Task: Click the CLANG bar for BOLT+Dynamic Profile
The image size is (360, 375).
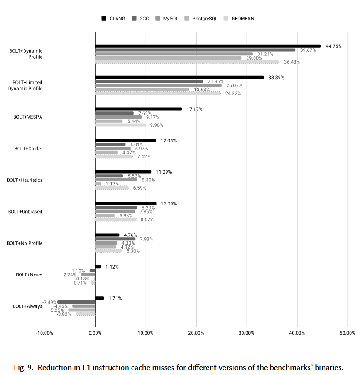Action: (208, 46)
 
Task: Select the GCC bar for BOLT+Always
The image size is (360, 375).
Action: (76, 302)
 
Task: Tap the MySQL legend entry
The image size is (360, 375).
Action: (167, 19)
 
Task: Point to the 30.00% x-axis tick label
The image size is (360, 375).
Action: (247, 333)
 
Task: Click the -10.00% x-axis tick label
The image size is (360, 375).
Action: (45, 333)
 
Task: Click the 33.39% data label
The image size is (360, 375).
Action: (276, 77)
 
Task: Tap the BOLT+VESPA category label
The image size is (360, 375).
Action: (29, 117)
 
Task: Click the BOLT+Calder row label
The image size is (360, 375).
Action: (29, 149)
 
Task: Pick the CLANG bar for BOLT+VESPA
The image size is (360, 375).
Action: (138, 109)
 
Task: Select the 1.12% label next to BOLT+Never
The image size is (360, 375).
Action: (112, 267)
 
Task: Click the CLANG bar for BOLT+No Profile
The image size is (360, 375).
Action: (107, 235)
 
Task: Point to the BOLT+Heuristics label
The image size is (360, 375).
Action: (25, 180)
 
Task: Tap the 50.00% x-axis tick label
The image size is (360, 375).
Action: (348, 333)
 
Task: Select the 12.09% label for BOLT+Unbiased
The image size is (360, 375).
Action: (169, 204)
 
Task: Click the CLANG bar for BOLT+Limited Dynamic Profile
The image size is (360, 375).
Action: (179, 77)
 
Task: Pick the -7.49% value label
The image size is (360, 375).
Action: (49, 302)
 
